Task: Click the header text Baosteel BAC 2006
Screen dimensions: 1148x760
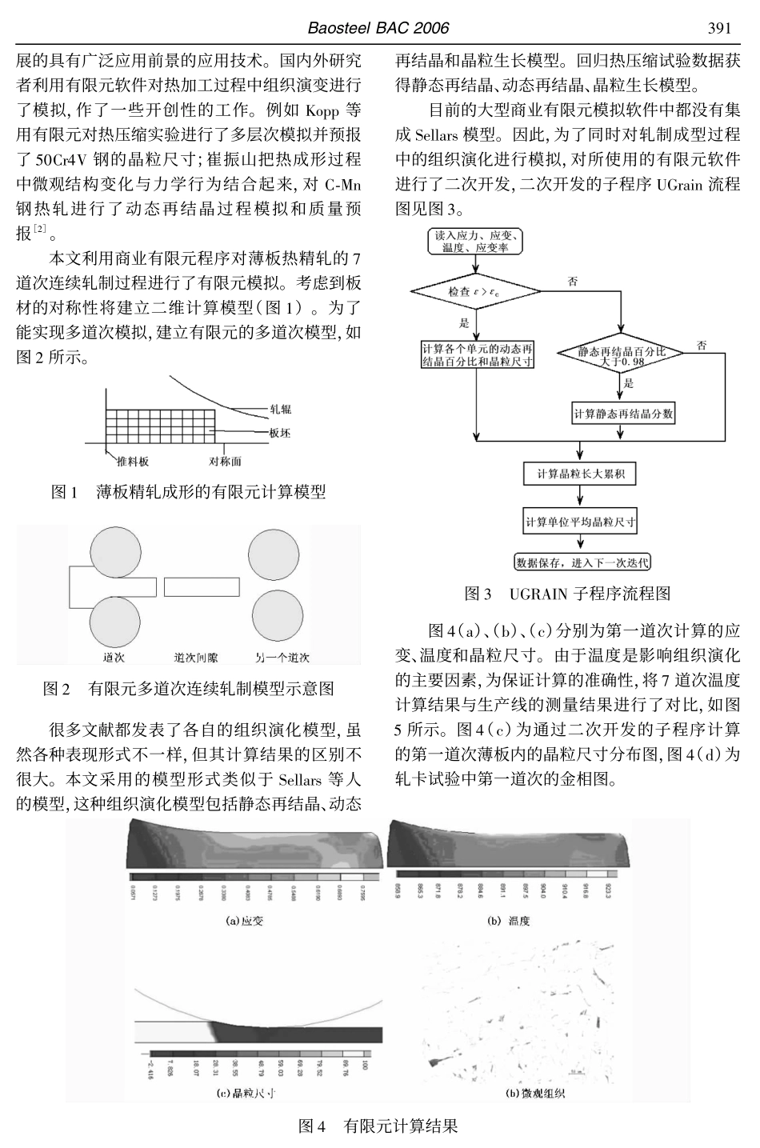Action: pos(378,29)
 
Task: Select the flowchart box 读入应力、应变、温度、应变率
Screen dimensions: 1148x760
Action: pos(476,242)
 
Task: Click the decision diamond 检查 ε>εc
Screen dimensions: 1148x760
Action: pos(477,291)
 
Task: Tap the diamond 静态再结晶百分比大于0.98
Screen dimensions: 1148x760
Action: pos(622,356)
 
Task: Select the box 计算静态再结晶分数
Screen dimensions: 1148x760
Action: pos(623,414)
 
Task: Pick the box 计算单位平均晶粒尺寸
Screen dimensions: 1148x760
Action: pos(580,522)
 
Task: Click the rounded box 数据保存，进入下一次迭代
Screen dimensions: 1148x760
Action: pos(581,562)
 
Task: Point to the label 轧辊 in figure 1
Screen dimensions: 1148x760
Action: pos(280,409)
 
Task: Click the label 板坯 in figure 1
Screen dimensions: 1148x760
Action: pos(280,433)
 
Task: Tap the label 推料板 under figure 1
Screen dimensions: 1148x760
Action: pos(132,462)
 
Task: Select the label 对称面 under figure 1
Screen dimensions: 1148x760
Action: pos(225,462)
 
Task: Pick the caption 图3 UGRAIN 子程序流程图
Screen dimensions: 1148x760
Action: pos(568,594)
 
